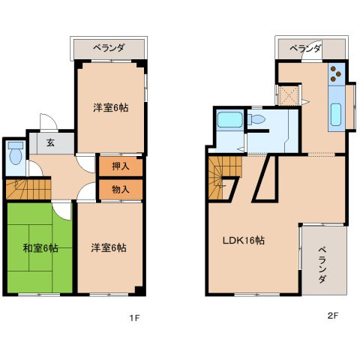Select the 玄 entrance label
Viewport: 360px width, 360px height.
coord(50,143)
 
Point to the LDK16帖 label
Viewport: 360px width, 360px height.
coord(242,241)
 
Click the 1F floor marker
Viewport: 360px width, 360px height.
coord(134,317)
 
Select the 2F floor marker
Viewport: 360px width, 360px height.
coord(332,316)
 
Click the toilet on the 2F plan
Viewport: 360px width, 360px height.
coord(257,120)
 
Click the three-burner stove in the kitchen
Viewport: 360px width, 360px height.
coord(335,74)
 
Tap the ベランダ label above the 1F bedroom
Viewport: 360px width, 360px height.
coord(109,48)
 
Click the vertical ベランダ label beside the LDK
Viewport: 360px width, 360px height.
coord(322,265)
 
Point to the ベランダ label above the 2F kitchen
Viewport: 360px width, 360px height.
coord(305,48)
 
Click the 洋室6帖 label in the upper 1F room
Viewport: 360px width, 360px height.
coord(110,108)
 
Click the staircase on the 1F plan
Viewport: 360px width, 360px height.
coord(27,189)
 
